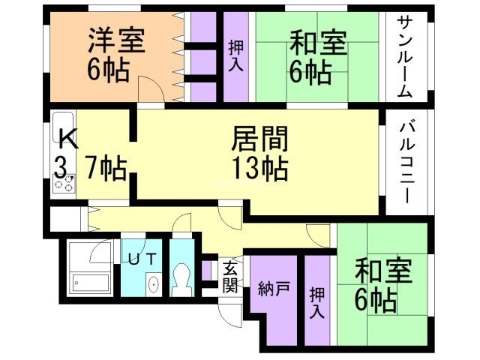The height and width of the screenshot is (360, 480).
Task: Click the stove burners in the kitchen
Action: tap(63, 184)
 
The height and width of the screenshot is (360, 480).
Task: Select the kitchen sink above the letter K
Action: tap(63, 120)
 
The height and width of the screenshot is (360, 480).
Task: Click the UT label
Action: tap(142, 259)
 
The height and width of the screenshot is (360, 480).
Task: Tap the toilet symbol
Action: tap(180, 277)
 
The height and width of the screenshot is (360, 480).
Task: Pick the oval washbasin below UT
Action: tap(153, 284)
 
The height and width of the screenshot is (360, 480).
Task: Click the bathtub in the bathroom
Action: tap(91, 283)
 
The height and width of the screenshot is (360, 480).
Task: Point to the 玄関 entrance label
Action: tap(230, 275)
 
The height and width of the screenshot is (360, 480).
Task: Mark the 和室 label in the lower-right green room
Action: tap(383, 271)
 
